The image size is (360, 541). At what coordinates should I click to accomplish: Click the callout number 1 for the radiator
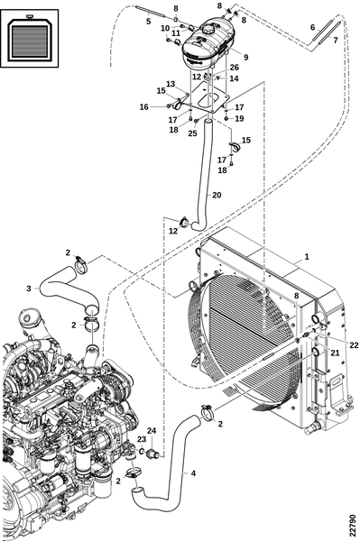[x=306, y=257]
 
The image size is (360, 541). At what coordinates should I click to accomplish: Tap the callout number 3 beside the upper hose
[x=29, y=289]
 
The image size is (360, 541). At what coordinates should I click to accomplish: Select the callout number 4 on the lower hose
[x=193, y=473]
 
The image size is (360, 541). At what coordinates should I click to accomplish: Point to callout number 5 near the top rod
[x=148, y=22]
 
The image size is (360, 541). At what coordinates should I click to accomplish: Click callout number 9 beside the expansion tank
[x=245, y=57]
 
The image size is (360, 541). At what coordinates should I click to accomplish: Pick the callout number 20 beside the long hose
[x=217, y=195]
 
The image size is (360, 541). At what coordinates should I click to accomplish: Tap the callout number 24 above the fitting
[x=152, y=430]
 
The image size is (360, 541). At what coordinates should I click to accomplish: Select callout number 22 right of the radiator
[x=354, y=344]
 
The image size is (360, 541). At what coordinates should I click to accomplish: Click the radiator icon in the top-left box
[x=30, y=38]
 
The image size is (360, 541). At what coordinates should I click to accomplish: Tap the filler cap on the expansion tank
[x=208, y=29]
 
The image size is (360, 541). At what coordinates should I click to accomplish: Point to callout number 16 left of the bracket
[x=144, y=107]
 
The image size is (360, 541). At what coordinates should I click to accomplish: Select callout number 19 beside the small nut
[x=239, y=118]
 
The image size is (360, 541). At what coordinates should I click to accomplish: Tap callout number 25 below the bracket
[x=192, y=133]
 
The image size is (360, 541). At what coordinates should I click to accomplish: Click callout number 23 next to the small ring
[x=142, y=439]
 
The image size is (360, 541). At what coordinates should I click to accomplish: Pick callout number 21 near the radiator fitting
[x=335, y=353]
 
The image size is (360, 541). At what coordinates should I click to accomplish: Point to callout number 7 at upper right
[x=336, y=41]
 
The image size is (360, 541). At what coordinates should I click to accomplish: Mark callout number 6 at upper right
[x=313, y=27]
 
